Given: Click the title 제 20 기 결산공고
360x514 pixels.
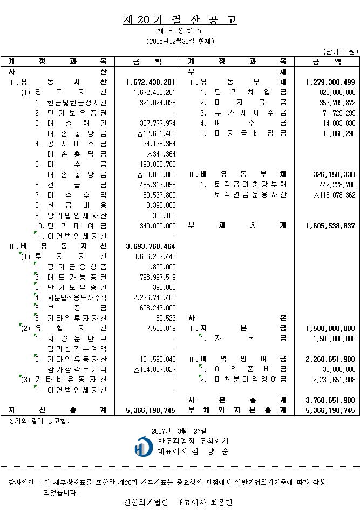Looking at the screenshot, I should pos(180,21).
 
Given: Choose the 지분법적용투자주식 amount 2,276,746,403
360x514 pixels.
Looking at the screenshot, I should pos(154,297).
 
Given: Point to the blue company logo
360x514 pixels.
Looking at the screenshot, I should pos(143,446).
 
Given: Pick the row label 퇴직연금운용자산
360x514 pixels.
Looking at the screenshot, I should pos(251,195).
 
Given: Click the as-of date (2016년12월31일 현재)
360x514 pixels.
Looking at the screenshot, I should pos(180,41).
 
